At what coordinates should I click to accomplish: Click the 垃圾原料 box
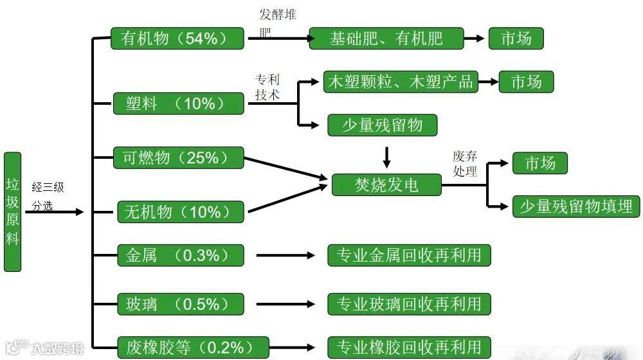[12, 212]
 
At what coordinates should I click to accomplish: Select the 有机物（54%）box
[177, 39]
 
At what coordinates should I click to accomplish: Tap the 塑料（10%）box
[178, 104]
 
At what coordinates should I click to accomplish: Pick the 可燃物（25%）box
[179, 157]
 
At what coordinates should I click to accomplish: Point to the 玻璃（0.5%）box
[180, 303]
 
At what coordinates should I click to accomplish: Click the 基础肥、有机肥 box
[386, 38]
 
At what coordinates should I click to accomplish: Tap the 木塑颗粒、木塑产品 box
[400, 82]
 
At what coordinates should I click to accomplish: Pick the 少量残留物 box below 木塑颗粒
[382, 125]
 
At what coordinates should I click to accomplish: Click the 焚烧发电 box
[386, 185]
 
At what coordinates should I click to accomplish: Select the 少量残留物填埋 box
[576, 206]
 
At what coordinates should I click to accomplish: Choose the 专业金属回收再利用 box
[409, 255]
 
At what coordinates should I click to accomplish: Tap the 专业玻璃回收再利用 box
[409, 303]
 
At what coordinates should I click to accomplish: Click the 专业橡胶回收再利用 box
[409, 347]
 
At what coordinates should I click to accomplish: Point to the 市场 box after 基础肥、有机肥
[516, 38]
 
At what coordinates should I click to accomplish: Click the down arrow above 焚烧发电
[386, 156]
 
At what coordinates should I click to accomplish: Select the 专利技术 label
[267, 87]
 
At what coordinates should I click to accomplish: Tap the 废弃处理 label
[465, 164]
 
